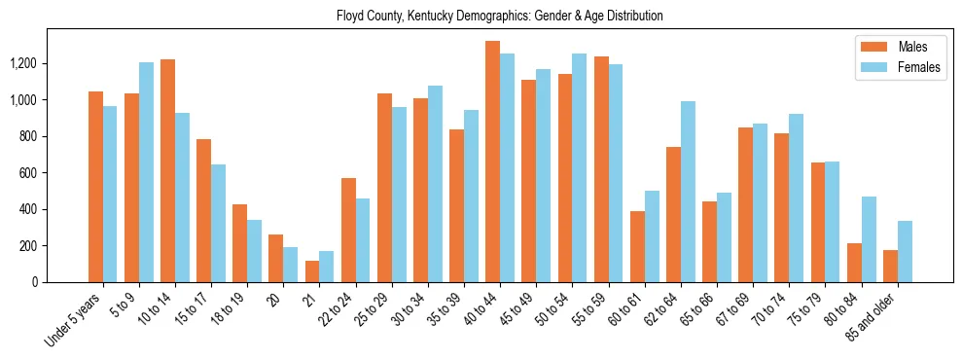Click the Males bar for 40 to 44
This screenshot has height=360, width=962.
point(492,162)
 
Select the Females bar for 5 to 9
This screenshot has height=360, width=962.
point(146,172)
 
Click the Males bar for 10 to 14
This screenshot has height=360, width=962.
point(167,170)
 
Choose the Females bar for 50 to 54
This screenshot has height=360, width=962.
point(580,167)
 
